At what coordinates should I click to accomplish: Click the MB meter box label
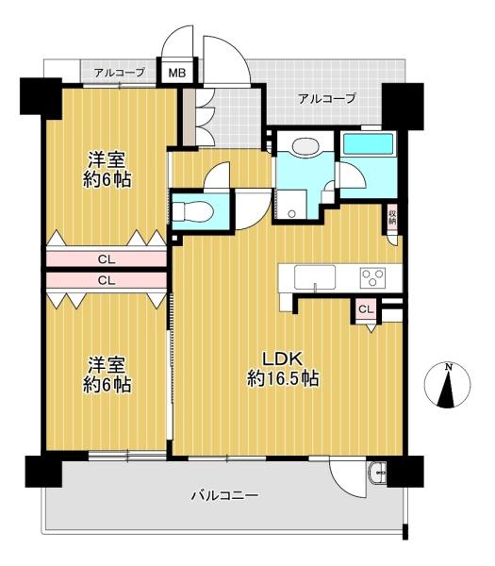click(177, 73)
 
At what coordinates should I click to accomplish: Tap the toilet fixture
click(192, 210)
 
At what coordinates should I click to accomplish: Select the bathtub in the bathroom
click(368, 144)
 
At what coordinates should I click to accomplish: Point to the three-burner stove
click(373, 278)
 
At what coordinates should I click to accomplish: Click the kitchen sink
click(315, 277)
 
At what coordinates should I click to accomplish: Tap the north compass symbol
click(447, 386)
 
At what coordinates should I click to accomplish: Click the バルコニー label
click(224, 494)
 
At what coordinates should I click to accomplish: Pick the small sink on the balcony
click(377, 473)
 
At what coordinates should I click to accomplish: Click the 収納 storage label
click(392, 218)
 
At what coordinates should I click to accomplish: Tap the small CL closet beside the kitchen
click(366, 309)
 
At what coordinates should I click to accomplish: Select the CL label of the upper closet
click(107, 259)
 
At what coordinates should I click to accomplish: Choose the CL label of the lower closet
click(107, 280)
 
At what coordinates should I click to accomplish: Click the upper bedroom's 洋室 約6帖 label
click(107, 170)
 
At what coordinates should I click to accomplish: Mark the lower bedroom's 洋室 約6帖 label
click(107, 375)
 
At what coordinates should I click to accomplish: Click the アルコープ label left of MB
click(120, 73)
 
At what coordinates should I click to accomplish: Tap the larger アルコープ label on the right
click(327, 98)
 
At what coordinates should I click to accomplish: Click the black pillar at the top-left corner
click(41, 97)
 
